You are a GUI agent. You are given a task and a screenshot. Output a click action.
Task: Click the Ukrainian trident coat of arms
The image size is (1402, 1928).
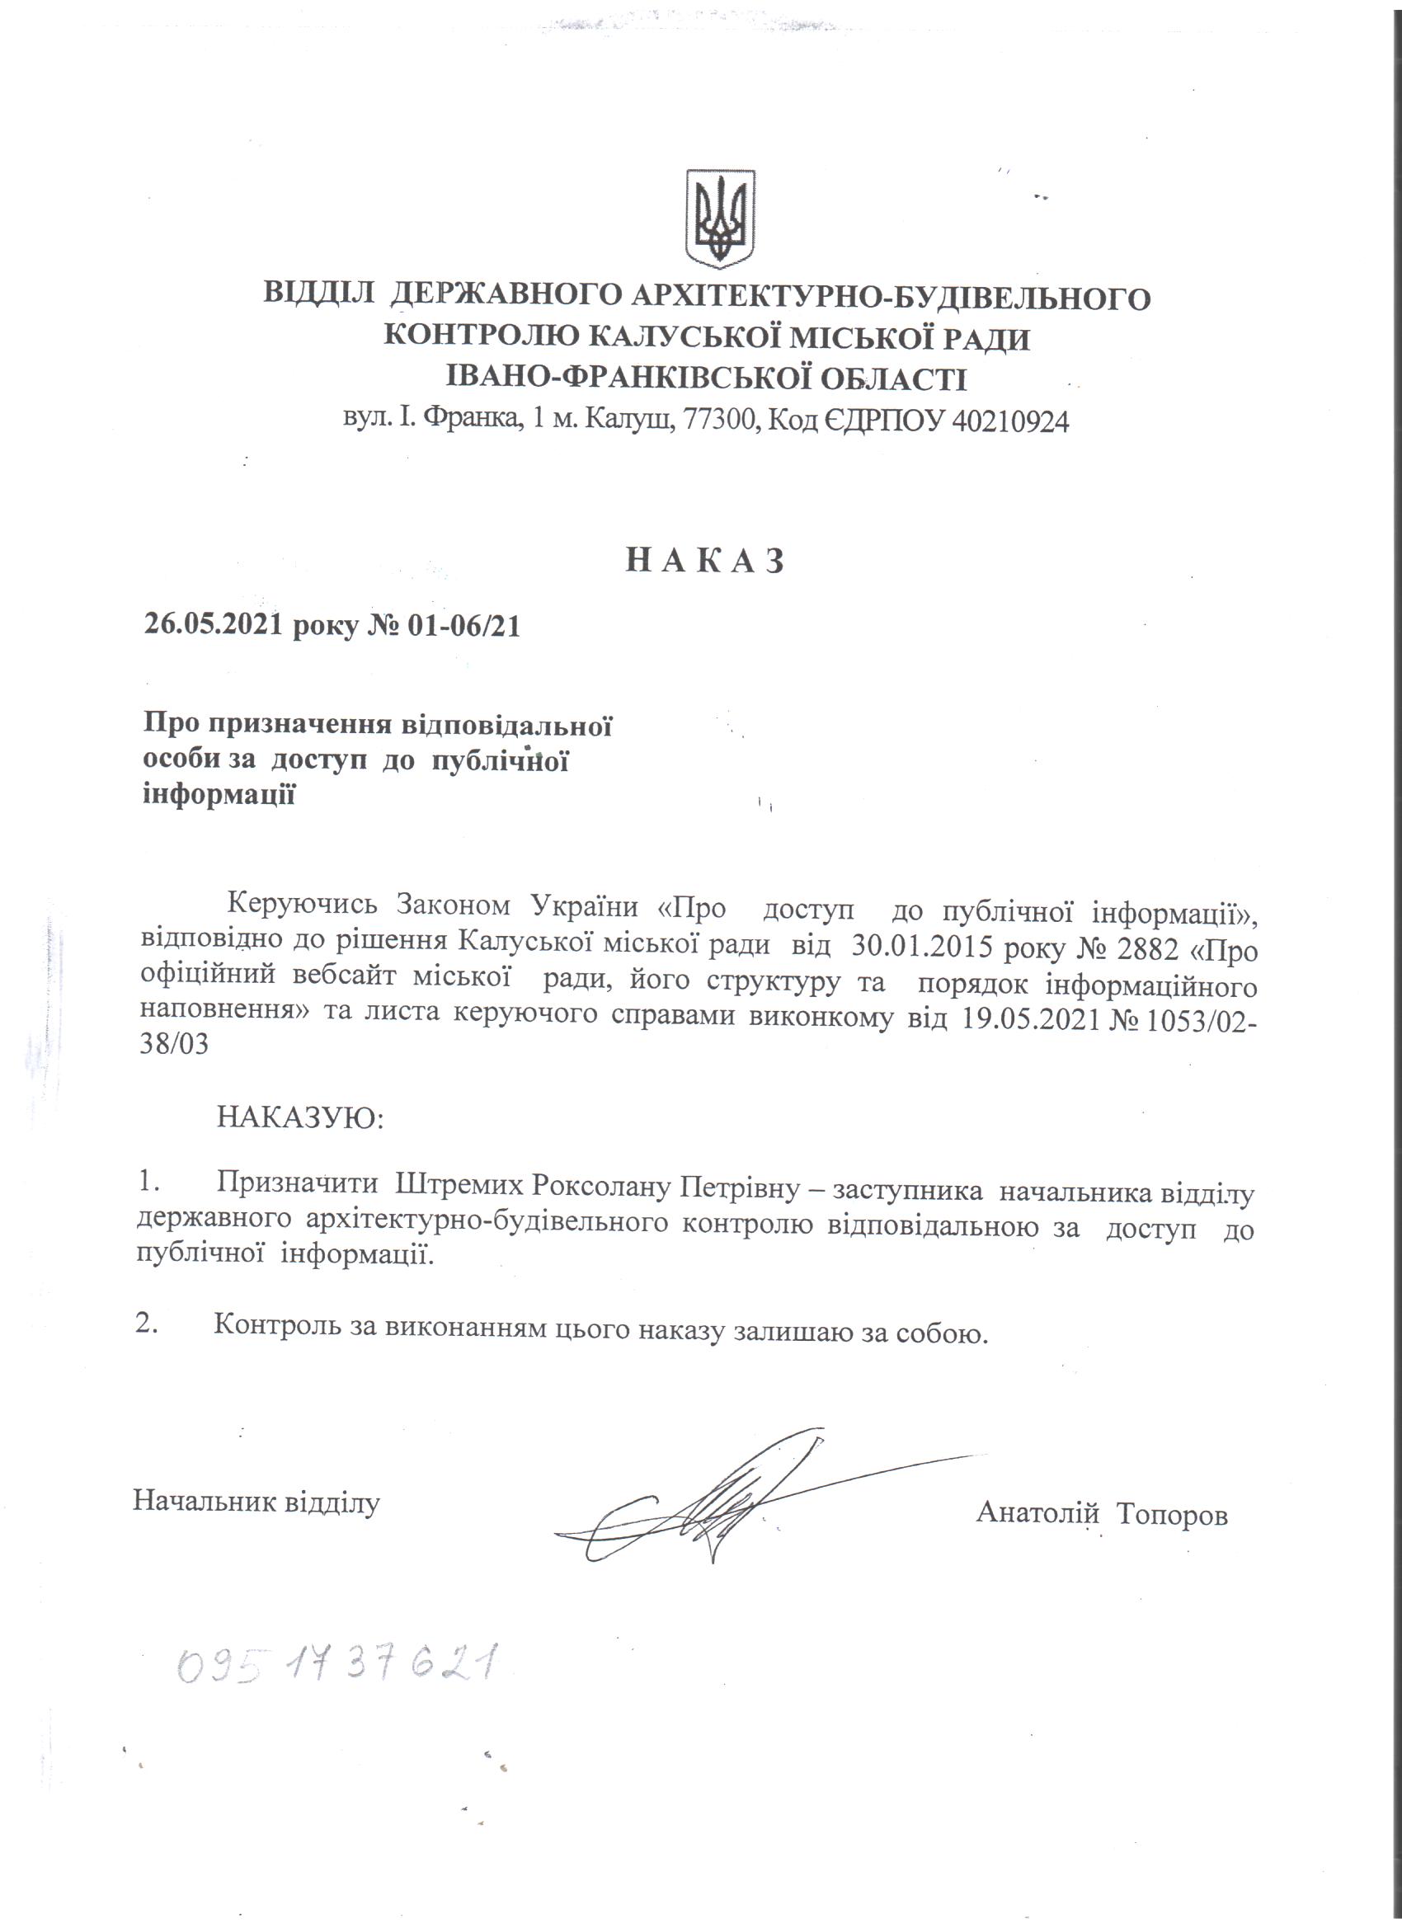[x=720, y=219]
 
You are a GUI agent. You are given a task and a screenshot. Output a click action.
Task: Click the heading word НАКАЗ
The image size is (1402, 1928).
[x=704, y=560]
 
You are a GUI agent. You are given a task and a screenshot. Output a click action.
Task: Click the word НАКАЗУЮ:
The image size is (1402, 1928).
[x=301, y=1117]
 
